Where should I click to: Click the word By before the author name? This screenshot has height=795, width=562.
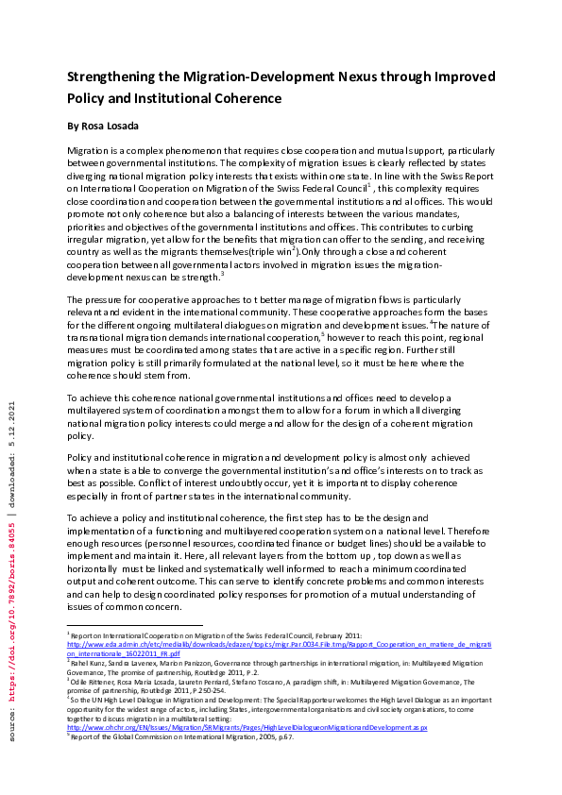[x=74, y=125]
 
